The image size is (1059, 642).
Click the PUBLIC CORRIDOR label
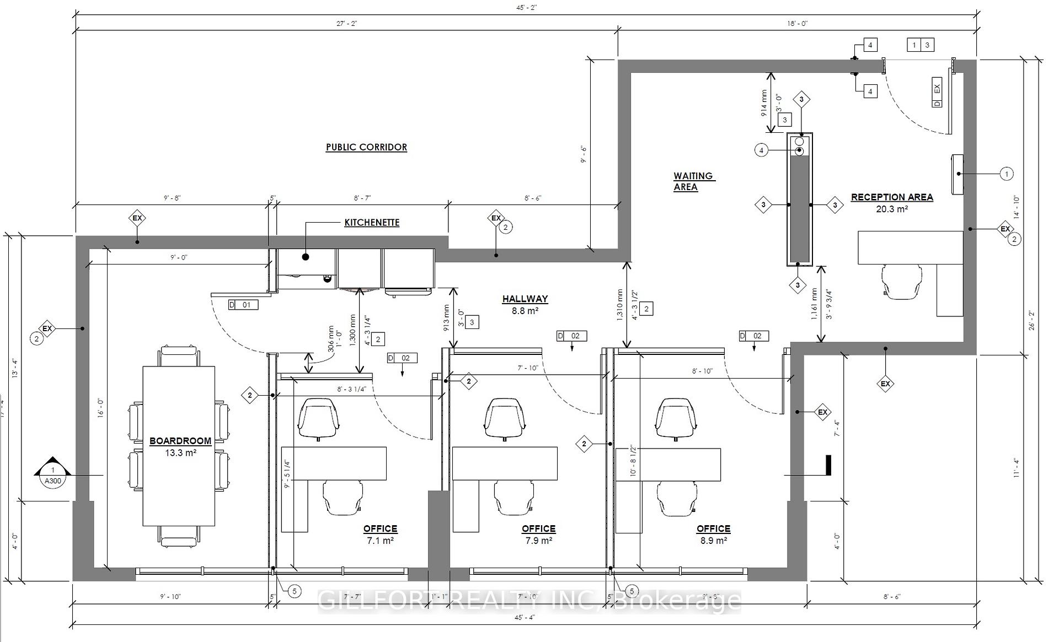(366, 147)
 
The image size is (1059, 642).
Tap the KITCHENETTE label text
(372, 223)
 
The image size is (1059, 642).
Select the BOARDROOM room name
(180, 441)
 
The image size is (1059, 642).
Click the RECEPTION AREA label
(892, 197)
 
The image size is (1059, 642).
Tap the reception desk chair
(902, 282)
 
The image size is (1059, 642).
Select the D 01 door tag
(243, 305)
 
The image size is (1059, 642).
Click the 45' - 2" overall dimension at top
(527, 8)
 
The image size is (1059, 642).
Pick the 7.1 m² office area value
(380, 541)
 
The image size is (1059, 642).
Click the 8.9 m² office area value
(713, 541)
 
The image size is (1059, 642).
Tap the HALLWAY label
(525, 299)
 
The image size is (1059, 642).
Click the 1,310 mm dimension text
(621, 305)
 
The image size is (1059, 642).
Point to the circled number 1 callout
(1006, 174)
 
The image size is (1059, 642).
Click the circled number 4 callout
(761, 150)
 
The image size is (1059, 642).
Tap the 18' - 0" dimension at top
(797, 24)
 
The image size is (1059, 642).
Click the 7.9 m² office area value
(538, 541)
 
